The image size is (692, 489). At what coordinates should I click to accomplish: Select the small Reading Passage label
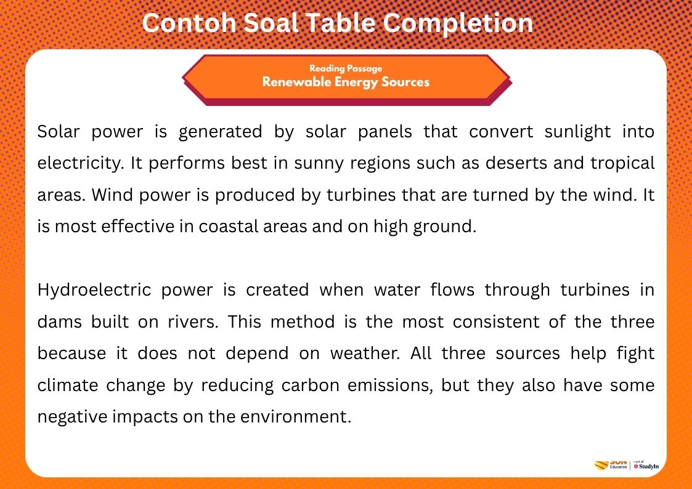(x=346, y=68)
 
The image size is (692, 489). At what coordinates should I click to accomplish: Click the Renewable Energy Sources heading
(x=346, y=82)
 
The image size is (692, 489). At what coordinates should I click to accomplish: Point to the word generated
(x=216, y=132)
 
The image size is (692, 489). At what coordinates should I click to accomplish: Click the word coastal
(x=229, y=227)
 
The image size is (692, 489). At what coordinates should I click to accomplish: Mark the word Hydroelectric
(x=94, y=290)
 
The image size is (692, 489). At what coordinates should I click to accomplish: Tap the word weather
(x=362, y=354)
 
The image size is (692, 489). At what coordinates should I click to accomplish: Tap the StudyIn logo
(x=646, y=466)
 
